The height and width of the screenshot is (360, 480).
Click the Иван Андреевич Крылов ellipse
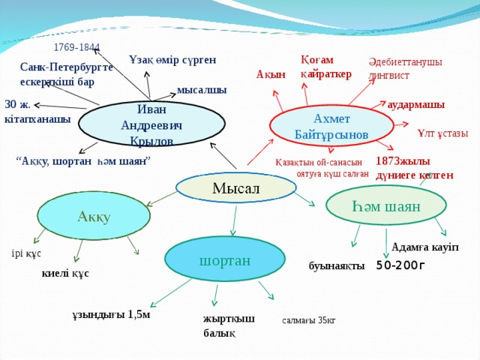[151, 124]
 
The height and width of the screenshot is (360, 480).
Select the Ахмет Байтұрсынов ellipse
[321, 126]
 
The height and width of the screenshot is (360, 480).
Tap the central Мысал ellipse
[235, 187]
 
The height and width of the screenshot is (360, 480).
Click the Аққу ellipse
[94, 216]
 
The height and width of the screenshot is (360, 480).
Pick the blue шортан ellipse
[225, 259]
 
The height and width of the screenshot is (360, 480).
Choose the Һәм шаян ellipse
[387, 205]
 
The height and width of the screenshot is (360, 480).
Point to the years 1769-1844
[76, 48]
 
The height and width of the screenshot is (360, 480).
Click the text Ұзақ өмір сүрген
[172, 59]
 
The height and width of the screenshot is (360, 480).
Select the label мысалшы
[202, 90]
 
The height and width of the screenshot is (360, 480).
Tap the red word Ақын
[271, 74]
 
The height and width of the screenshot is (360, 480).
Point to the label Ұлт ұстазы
[442, 133]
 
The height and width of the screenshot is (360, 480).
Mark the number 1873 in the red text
[388, 161]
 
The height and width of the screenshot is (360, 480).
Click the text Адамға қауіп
[424, 247]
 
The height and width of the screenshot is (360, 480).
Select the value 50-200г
[400, 265]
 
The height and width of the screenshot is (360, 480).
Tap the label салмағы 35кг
[309, 320]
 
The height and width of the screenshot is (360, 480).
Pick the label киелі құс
[65, 274]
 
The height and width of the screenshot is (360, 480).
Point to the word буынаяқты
[336, 266]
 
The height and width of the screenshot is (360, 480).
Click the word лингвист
[388, 76]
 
